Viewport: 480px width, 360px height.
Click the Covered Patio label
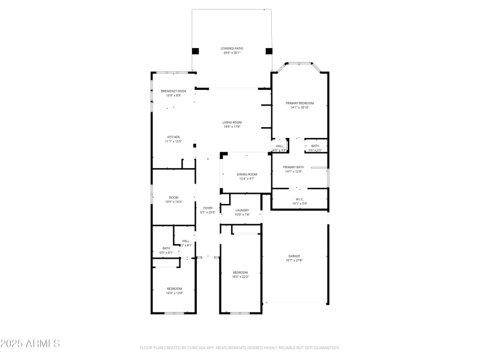232,48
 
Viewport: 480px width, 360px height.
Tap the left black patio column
196,51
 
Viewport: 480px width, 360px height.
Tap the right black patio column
269,51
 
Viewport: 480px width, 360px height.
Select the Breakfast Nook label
173,91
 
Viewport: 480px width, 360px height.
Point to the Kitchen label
173,137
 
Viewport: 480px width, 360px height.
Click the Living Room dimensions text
232,127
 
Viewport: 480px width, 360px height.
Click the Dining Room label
247,174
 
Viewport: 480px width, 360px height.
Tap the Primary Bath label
293,167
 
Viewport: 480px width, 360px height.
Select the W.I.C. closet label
299,199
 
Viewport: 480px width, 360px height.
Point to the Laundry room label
242,210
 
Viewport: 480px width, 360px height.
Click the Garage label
293,256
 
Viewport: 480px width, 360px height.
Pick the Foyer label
208,208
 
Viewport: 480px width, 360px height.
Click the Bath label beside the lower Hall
166,248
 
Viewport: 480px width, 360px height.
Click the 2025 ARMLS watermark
30,344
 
